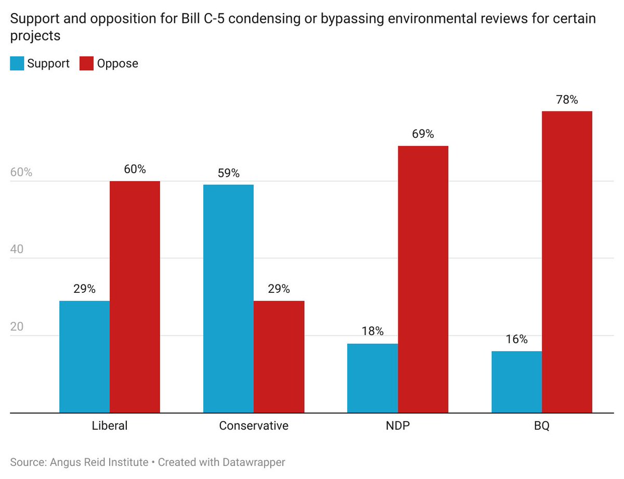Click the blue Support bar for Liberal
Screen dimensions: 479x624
pos(84,357)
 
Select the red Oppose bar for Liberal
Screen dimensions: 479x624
pos(135,296)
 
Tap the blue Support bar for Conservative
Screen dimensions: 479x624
pos(228,299)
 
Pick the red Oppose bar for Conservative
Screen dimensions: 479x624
pos(279,357)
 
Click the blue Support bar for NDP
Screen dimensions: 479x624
pos(372,378)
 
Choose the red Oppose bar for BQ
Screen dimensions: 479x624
pos(567,262)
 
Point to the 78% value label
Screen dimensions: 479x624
pos(567,100)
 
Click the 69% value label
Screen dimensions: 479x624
pos(423,134)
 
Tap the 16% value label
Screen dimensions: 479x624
pos(516,340)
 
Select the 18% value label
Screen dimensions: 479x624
pos(372,332)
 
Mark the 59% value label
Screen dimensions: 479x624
pos(228,173)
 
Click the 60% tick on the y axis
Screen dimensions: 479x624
pos(21,173)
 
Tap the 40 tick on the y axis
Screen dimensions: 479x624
pos(18,250)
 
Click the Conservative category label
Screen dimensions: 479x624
pos(253,426)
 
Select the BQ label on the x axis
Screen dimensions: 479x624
pos(541,426)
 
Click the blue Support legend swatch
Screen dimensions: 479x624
pos(17,64)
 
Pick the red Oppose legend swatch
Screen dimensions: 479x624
pos(86,64)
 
